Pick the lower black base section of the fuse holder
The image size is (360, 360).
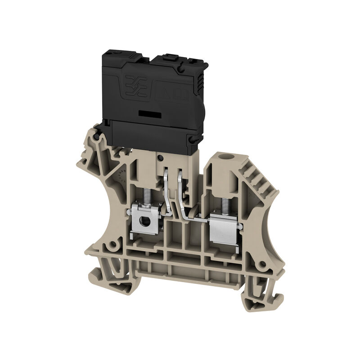tap(148, 135)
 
